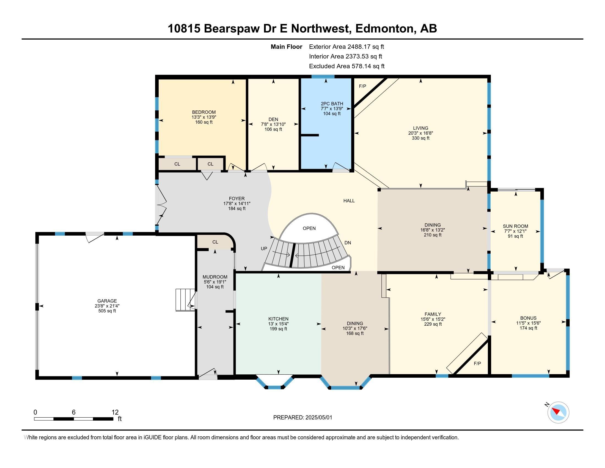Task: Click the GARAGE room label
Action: pyautogui.click(x=107, y=301)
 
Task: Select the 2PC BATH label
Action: pyautogui.click(x=332, y=104)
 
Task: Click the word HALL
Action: pyautogui.click(x=349, y=201)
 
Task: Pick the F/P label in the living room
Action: pyautogui.click(x=362, y=86)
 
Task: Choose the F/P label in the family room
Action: pyautogui.click(x=477, y=363)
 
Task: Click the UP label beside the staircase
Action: pyautogui.click(x=264, y=249)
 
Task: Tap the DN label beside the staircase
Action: pyautogui.click(x=347, y=243)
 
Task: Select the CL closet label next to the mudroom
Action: pyautogui.click(x=215, y=242)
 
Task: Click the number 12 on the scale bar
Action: pyautogui.click(x=115, y=412)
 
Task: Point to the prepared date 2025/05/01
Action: pyautogui.click(x=318, y=418)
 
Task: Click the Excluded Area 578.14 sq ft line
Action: pyautogui.click(x=346, y=66)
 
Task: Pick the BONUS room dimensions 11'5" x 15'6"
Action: pyautogui.click(x=528, y=323)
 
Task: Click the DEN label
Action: pyautogui.click(x=273, y=119)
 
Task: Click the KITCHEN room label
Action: pyautogui.click(x=278, y=319)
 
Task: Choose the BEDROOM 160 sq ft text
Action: pyautogui.click(x=204, y=122)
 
